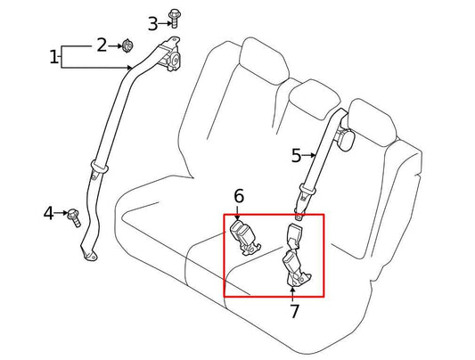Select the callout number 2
coord(102,44)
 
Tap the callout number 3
coord(152,23)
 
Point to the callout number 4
coord(49,213)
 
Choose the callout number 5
coord(297,156)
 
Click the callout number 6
coord(239,196)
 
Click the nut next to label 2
coord(127,45)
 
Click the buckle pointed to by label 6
coord(242,237)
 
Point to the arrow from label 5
coord(311,156)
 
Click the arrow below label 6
coord(239,213)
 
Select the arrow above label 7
coord(291,291)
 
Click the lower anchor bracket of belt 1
coord(89,258)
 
